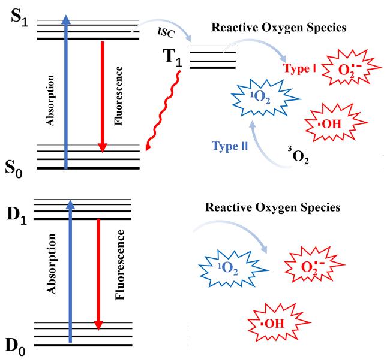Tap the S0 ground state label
point(14,170)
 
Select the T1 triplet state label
point(172,58)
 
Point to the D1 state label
point(17,215)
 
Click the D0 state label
point(16,347)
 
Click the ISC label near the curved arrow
point(166,32)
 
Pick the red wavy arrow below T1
point(163,110)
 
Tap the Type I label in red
point(300,68)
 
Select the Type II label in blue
point(230,146)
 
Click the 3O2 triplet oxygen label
point(298,156)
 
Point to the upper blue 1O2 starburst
point(266,98)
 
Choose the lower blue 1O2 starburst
point(233,269)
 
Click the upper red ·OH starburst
point(336,123)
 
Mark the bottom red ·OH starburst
point(279,322)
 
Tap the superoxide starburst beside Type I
point(351,67)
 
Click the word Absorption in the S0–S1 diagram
point(50,101)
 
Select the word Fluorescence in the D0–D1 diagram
point(119,265)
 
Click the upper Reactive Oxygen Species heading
point(279,28)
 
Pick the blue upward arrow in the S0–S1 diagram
point(66,92)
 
